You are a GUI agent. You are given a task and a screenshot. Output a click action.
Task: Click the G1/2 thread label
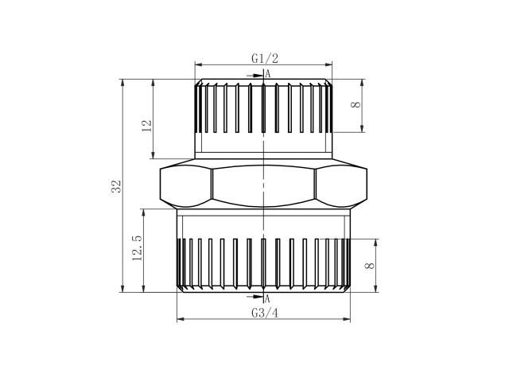tap(263, 59)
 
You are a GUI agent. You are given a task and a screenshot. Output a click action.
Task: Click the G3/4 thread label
tap(263, 311)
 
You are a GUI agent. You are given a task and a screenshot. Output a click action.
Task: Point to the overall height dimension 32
tap(116, 187)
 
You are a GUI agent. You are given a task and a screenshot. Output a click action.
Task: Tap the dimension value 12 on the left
tap(146, 126)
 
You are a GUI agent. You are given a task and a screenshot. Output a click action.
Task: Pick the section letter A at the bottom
tap(268, 298)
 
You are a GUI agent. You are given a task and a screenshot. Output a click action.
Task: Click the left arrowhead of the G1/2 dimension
tap(198, 64)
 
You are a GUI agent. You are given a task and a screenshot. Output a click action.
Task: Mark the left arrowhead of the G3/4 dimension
tap(179, 319)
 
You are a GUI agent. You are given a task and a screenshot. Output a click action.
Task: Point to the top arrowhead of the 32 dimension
tap(123, 82)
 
